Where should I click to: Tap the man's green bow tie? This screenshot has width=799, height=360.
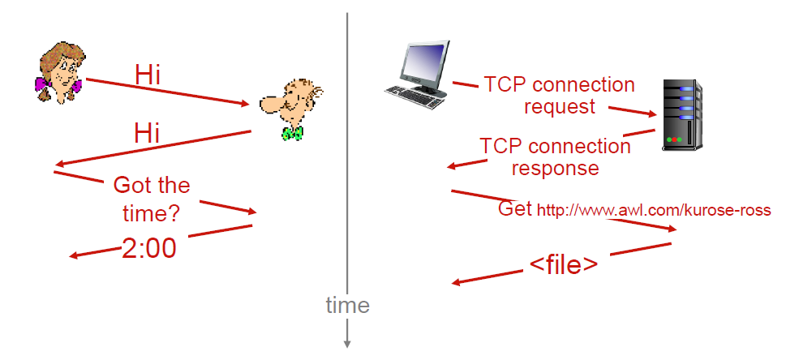coord(292,134)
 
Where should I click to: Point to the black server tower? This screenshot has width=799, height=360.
coord(682,114)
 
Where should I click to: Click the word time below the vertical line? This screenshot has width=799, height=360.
coord(347,306)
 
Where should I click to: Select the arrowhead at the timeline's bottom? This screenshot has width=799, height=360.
coord(347,343)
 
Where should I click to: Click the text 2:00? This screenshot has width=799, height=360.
coord(148,248)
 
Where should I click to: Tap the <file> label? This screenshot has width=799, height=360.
coord(564,265)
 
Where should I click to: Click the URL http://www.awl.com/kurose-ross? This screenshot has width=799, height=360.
coord(654,210)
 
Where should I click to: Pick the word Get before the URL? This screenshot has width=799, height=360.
coord(515,208)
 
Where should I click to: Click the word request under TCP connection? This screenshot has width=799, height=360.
coord(560,107)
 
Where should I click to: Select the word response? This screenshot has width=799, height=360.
coord(555,168)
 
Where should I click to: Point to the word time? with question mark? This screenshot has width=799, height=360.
coord(152,214)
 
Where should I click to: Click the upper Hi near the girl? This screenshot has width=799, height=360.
coord(148,75)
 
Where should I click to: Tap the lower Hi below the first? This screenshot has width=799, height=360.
coord(147,134)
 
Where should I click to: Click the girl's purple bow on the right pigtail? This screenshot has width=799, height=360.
coord(76,86)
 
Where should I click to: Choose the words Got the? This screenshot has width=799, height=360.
coord(152,185)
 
